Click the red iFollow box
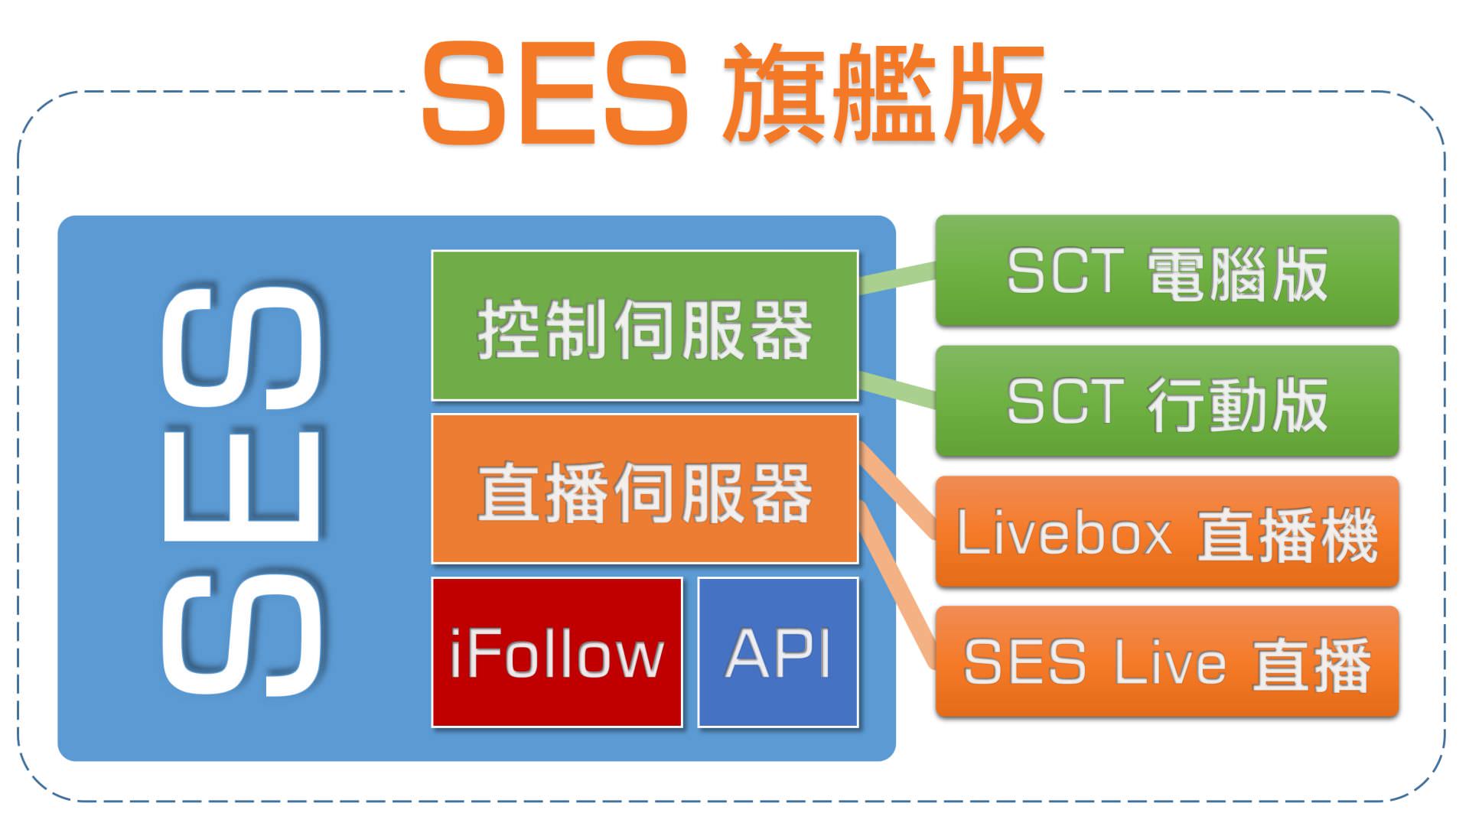coord(557,652)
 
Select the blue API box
coord(778,652)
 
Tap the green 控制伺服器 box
coord(645,326)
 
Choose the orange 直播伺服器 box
coord(645,489)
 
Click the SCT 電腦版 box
coord(1167,272)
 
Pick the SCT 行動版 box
coord(1167,402)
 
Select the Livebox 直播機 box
coord(1167,532)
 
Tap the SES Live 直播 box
coord(1167,662)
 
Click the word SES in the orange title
coord(555,93)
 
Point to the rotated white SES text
coord(243,489)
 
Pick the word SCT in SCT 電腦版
coord(1063,272)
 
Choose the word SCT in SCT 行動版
coord(1063,402)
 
